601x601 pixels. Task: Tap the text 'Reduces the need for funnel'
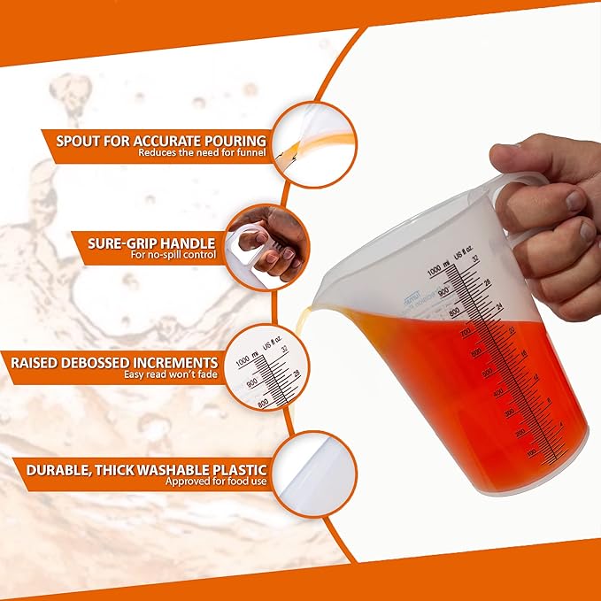[202, 152]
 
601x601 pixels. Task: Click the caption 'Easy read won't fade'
[171, 374]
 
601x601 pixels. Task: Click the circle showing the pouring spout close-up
[312, 144]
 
